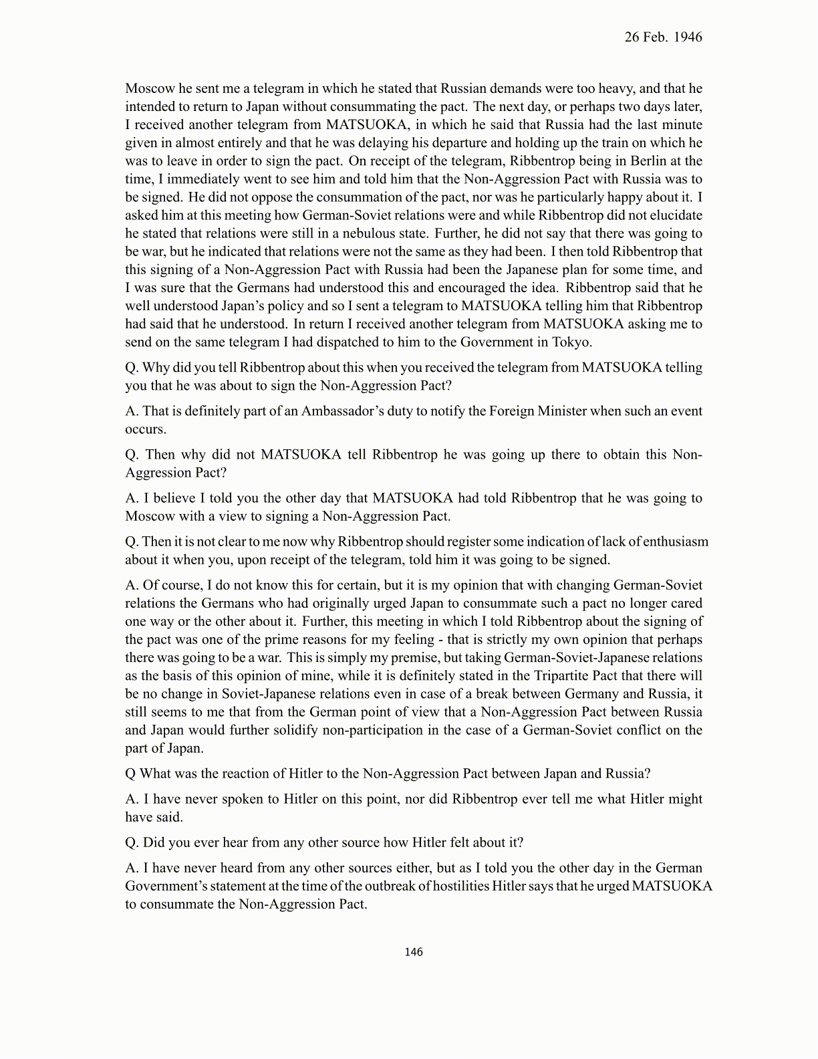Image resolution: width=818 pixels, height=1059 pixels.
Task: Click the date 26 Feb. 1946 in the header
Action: pos(663,37)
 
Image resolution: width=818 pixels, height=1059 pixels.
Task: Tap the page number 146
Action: pos(414,952)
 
